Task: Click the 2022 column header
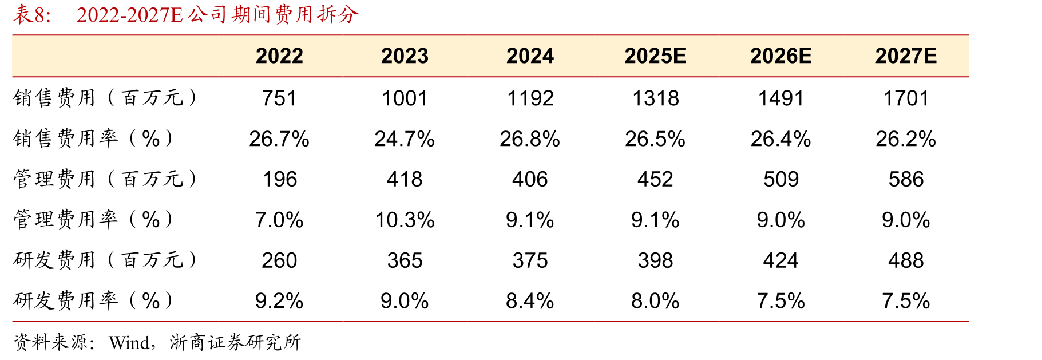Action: click(279, 56)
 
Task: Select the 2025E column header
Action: click(655, 56)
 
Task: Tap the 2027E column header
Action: click(906, 56)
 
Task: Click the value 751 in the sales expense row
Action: click(279, 98)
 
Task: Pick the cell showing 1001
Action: click(405, 98)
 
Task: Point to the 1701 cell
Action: click(906, 98)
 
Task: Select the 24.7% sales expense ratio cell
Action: click(405, 139)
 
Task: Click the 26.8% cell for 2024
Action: click(530, 139)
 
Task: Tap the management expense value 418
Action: click(405, 180)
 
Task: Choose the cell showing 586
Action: click(906, 180)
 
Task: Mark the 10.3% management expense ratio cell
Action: click(405, 220)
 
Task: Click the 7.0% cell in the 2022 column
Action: click(279, 220)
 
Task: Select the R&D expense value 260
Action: click(279, 261)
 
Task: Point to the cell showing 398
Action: click(655, 261)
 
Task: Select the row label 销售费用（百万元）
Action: click(105, 98)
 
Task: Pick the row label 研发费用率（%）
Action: click(93, 300)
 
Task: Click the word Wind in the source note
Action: click(129, 343)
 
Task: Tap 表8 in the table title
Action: click(31, 14)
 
